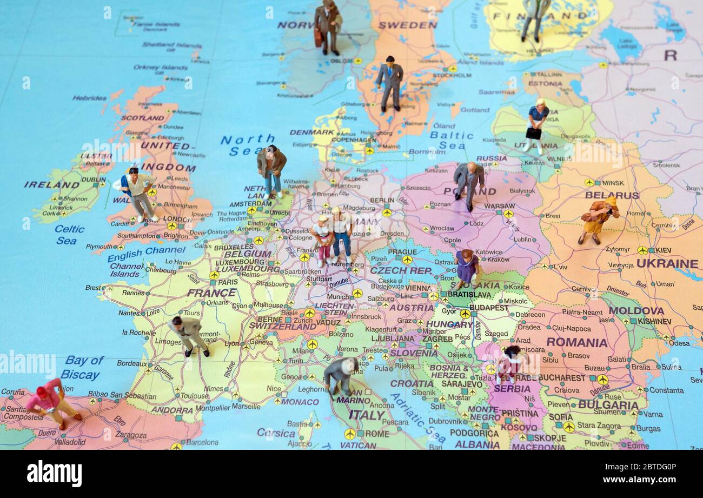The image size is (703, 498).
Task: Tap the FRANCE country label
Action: [x=211, y=293]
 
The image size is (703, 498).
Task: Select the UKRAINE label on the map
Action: [x=667, y=264]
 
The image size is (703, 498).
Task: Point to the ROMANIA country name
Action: [x=576, y=342]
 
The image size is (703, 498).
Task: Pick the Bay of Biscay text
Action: [x=82, y=368]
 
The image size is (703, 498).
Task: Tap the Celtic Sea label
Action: [x=69, y=235]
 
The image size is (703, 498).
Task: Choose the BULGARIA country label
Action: [x=608, y=405]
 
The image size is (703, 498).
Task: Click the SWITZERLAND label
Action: [x=282, y=327]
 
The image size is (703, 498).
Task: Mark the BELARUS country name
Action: [x=612, y=195]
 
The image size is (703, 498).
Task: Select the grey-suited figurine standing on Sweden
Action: [x=390, y=83]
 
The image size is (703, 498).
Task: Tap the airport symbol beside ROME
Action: [x=350, y=434]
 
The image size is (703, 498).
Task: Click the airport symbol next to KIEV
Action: [x=642, y=250]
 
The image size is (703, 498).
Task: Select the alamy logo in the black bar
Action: [x=54, y=474]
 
